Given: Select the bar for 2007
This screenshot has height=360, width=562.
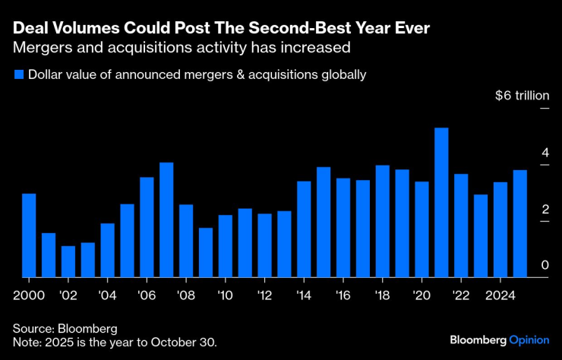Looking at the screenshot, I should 166,219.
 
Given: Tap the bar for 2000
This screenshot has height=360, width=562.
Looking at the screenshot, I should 29,235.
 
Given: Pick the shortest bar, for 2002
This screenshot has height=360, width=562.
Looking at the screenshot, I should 68,261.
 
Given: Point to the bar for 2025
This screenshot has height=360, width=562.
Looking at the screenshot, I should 520,223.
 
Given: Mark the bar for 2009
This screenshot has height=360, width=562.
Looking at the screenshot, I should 206,252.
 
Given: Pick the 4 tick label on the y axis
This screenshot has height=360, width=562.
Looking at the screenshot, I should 545,153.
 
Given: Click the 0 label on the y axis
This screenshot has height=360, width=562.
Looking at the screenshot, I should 545,264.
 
